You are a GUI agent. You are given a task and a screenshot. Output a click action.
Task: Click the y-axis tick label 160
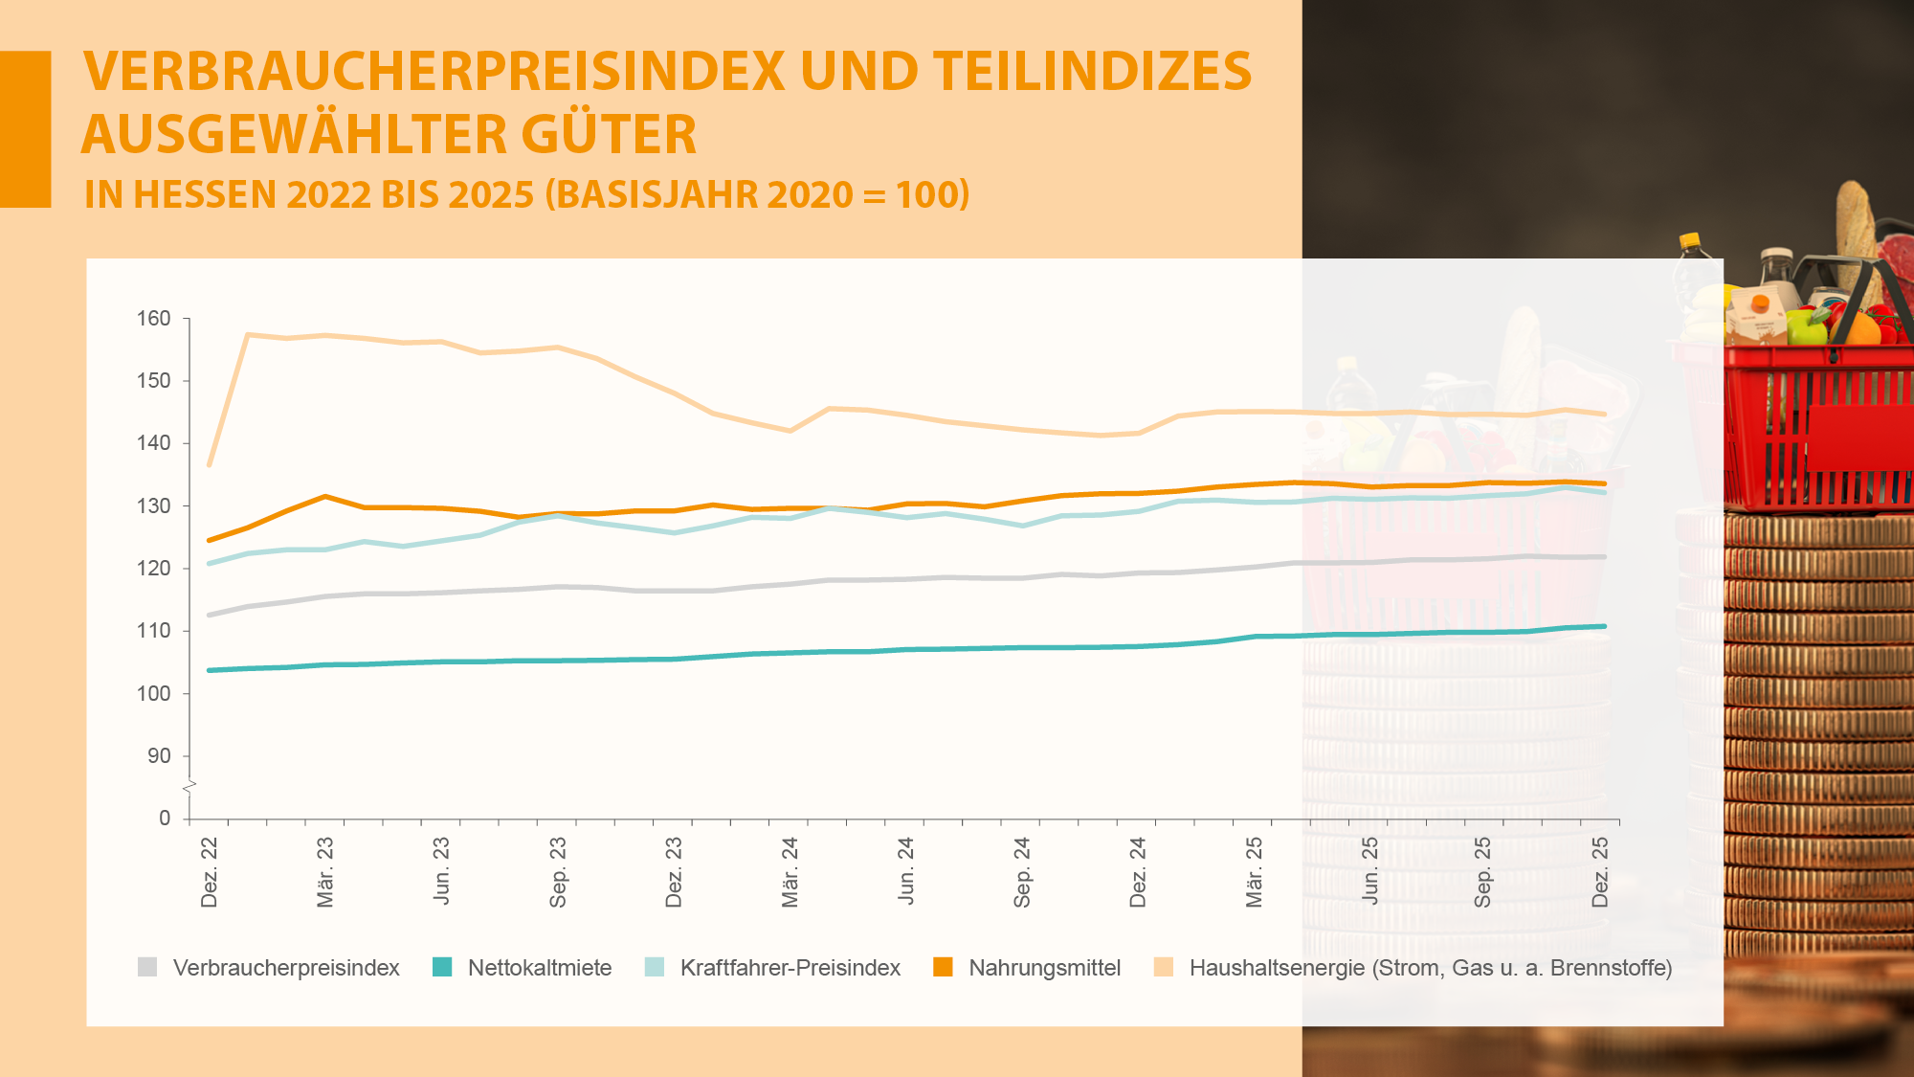click(153, 319)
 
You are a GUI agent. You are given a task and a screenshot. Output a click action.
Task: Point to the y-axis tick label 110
click(153, 631)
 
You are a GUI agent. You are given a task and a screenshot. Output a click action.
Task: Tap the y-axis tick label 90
click(159, 756)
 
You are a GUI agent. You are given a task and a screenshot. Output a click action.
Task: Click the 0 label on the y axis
click(165, 819)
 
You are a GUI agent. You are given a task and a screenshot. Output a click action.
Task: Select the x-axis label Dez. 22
click(210, 872)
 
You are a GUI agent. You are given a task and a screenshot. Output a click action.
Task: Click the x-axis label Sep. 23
click(558, 872)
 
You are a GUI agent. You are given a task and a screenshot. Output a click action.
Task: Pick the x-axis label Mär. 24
click(790, 872)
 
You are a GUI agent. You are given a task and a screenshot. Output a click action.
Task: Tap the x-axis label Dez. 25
click(1600, 872)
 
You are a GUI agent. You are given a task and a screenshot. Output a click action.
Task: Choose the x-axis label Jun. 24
click(906, 872)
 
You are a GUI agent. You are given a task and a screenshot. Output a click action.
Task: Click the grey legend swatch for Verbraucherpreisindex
click(147, 967)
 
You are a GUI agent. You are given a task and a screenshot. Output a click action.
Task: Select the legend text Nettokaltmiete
click(540, 968)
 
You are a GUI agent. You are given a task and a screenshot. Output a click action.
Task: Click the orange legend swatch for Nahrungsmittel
click(943, 967)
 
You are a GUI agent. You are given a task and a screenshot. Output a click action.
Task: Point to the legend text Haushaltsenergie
click(1277, 968)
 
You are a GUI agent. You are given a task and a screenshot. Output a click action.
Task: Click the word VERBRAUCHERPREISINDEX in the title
click(434, 72)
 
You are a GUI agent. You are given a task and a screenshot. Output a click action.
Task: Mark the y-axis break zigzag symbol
click(189, 787)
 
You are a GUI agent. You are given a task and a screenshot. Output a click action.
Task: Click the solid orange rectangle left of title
click(25, 129)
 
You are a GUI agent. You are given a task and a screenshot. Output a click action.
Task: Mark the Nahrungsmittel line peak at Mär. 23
click(325, 496)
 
